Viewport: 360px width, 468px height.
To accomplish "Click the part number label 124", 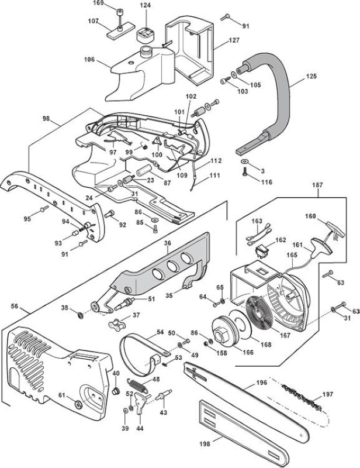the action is [146, 5].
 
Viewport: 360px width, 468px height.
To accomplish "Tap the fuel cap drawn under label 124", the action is [146, 36].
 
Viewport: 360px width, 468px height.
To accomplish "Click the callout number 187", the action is [317, 185].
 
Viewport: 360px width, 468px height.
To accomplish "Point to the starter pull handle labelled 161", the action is [321, 247].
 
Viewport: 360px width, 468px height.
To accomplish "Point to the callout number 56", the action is [14, 306].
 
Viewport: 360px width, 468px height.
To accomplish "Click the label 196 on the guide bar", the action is [261, 383].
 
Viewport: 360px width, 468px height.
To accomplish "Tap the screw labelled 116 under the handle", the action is [245, 172].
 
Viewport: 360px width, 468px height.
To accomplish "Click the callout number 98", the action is [46, 119].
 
